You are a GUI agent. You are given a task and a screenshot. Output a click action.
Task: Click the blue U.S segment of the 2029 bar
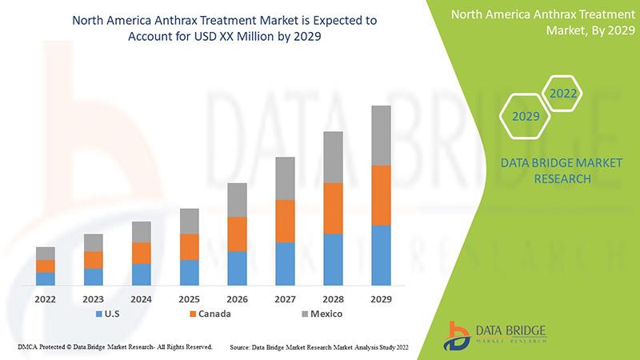(381, 255)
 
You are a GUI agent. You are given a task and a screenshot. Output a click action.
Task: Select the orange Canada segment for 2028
(333, 208)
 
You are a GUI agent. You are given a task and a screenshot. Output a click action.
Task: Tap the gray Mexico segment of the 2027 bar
(285, 178)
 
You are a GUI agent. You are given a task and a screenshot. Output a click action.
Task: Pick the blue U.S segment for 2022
(46, 278)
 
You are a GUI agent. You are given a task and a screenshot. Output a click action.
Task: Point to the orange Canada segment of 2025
(189, 246)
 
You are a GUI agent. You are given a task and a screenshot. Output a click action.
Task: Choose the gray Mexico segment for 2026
(237, 200)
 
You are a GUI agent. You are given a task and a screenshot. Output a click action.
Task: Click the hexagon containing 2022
(562, 94)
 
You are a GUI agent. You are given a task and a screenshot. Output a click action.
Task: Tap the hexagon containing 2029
(525, 117)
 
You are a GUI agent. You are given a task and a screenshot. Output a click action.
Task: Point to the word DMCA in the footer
(28, 347)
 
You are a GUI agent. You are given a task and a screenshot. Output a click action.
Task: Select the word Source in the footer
(242, 347)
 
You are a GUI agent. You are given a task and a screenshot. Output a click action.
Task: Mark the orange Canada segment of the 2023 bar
(94, 259)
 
